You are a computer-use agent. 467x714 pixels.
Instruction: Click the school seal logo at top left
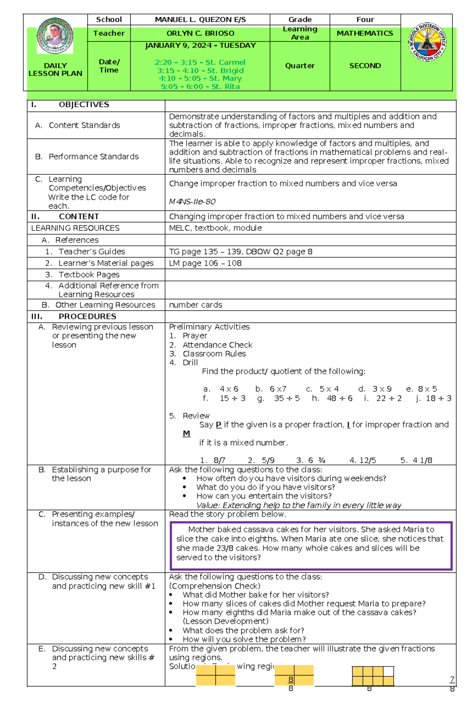coord(55,36)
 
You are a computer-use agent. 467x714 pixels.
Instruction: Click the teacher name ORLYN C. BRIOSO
coord(200,33)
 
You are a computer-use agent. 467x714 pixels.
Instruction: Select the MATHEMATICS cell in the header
coord(365,33)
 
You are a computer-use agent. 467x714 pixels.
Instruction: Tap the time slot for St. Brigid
coord(200,70)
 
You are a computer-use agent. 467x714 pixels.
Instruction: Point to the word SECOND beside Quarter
coord(365,66)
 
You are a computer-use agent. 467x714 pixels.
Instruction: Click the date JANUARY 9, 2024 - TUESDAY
coord(200,46)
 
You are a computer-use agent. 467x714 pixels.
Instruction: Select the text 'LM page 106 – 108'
coord(205,263)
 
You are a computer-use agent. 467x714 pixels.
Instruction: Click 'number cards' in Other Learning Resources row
coord(195,305)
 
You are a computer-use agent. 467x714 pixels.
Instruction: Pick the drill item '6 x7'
coord(278,389)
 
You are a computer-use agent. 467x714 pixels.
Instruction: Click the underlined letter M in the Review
coord(186,433)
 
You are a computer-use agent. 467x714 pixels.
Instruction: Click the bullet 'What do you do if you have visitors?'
coord(265,487)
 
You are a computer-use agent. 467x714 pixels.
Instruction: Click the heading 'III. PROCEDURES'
coord(74,316)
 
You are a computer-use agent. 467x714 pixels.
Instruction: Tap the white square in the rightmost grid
coord(388,671)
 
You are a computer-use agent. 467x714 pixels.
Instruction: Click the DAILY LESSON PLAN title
coord(55,69)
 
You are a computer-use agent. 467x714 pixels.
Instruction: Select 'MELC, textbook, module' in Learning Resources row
coord(215,228)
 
